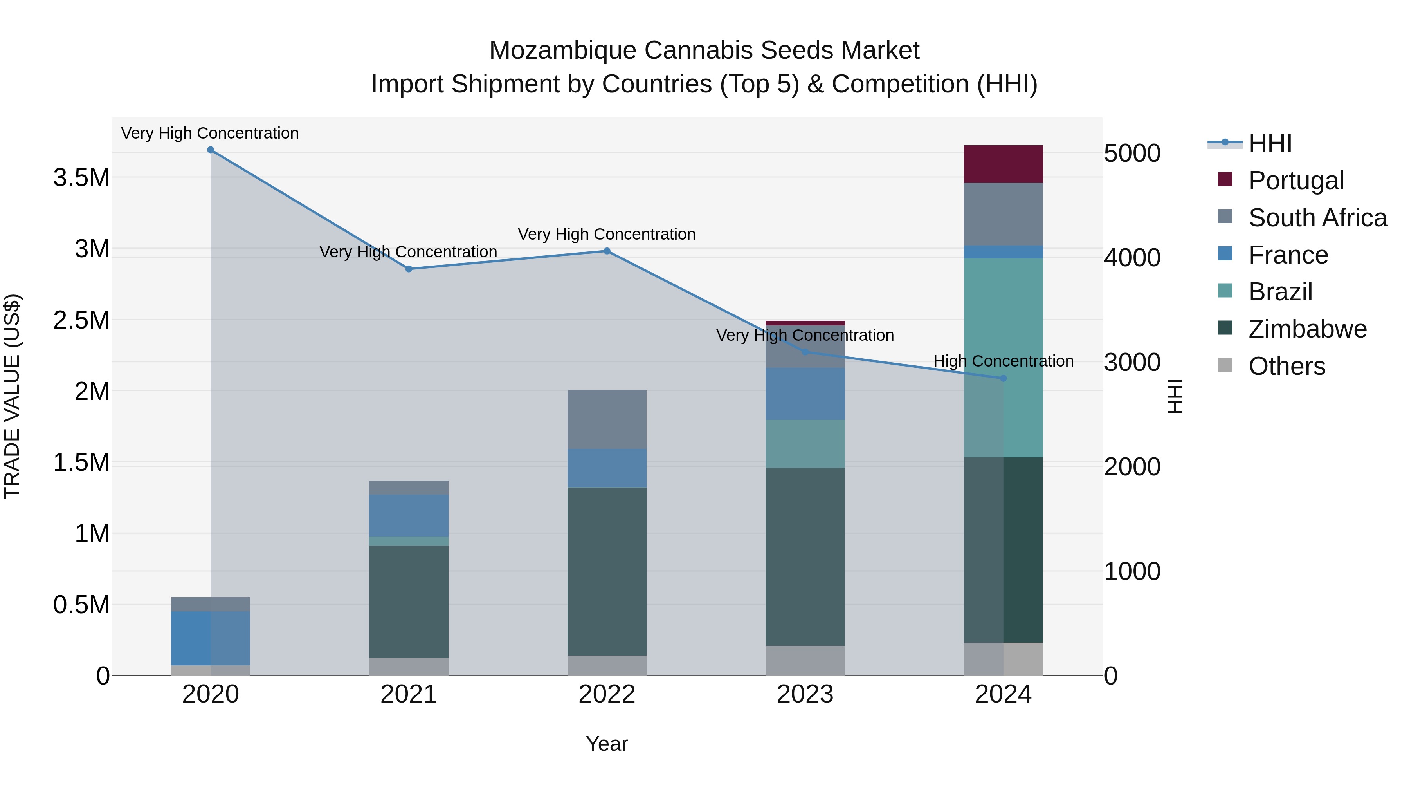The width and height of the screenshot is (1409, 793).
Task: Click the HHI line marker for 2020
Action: click(211, 150)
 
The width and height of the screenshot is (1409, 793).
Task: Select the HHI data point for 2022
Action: click(607, 251)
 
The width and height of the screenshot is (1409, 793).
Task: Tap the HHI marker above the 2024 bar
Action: click(1003, 378)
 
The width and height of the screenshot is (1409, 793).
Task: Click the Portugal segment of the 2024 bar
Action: click(1003, 164)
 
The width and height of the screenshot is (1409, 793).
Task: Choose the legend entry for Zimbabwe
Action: click(1307, 329)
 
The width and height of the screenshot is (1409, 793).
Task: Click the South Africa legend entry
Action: click(1317, 218)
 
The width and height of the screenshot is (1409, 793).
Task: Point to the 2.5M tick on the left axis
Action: click(81, 320)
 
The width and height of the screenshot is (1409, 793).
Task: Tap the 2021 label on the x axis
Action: click(409, 694)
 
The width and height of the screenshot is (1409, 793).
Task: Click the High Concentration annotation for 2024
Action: click(1003, 361)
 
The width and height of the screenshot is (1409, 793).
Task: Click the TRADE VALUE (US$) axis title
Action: click(13, 396)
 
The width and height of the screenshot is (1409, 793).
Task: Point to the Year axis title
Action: click(607, 744)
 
